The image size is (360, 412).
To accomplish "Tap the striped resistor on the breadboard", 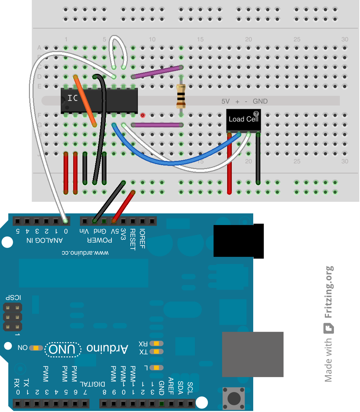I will click(x=181, y=96).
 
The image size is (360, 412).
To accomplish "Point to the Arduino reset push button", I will click(x=234, y=397).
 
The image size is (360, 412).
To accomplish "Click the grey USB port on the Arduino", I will click(x=252, y=354).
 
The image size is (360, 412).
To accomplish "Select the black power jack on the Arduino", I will click(x=239, y=240).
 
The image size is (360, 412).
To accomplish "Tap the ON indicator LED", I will click(x=36, y=347).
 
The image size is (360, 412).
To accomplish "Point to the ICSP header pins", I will click(x=12, y=316).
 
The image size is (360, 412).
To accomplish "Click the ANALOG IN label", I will click(x=45, y=240).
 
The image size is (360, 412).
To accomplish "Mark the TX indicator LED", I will click(x=156, y=352).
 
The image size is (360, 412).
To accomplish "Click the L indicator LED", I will click(x=156, y=367).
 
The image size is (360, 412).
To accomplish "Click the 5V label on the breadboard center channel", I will click(x=225, y=101).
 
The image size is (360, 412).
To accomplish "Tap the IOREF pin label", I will click(x=142, y=238).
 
